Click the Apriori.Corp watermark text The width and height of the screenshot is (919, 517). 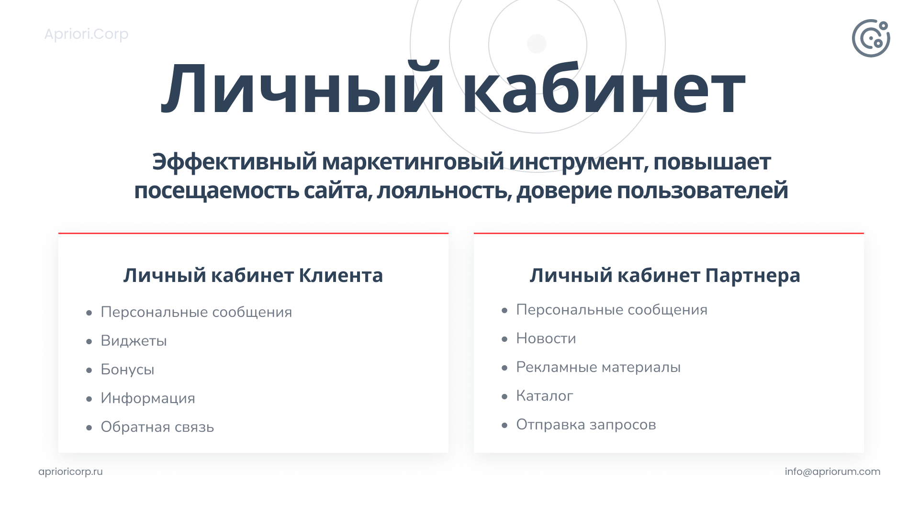(87, 34)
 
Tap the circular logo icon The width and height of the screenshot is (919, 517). (871, 38)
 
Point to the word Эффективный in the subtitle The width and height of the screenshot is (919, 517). (235, 162)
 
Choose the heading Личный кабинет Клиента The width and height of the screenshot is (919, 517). (253, 275)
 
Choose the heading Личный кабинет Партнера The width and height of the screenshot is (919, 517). (665, 275)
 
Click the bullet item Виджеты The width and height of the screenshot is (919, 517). (134, 341)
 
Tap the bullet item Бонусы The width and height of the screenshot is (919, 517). (127, 370)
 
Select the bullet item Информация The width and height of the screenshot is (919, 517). (148, 398)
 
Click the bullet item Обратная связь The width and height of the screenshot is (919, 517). (157, 427)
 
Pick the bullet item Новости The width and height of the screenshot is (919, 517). (546, 338)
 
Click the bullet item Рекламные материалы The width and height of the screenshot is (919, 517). (598, 367)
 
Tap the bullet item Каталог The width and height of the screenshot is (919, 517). (544, 396)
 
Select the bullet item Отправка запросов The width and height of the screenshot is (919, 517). (586, 425)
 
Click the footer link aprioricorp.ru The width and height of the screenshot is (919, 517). (70, 472)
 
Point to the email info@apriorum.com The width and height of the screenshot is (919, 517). (832, 472)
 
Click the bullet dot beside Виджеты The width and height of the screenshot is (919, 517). (89, 342)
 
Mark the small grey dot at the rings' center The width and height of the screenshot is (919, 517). (537, 44)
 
